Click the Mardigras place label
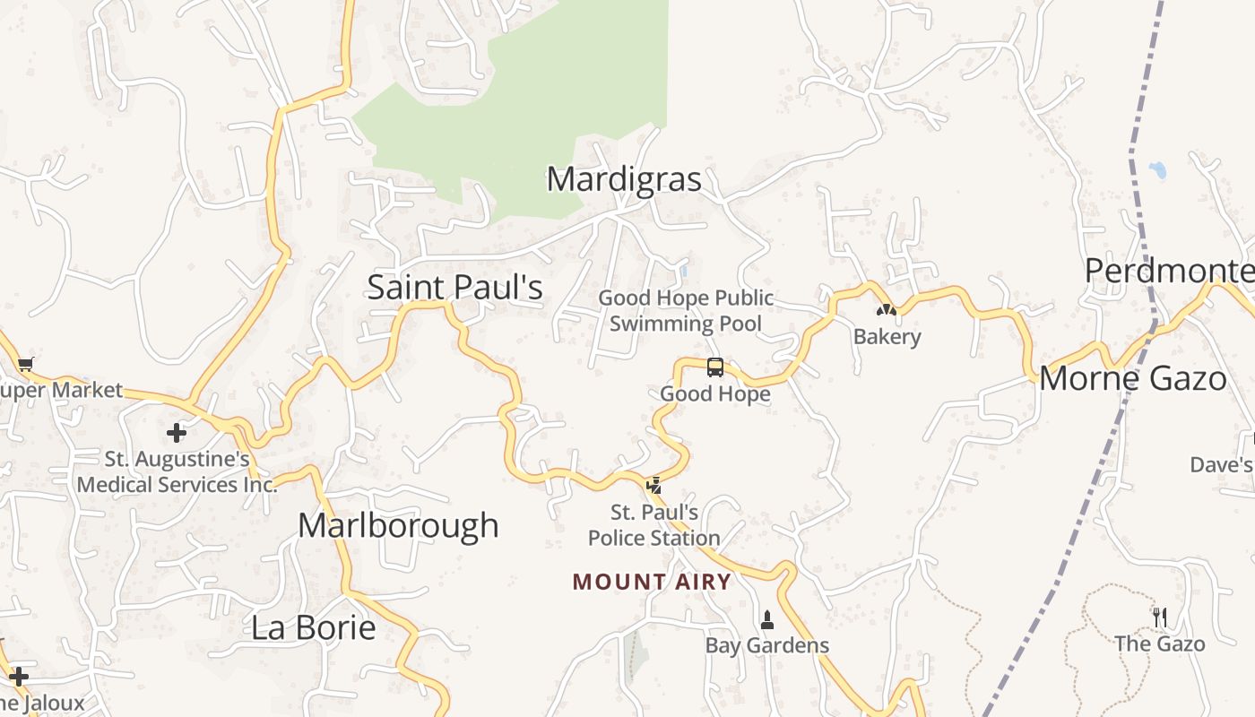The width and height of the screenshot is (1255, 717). (x=624, y=179)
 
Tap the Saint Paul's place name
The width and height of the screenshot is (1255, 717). (x=455, y=288)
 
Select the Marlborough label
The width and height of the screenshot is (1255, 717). (x=398, y=525)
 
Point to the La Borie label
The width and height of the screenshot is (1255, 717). (x=313, y=627)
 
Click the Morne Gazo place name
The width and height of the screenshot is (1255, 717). (x=1132, y=379)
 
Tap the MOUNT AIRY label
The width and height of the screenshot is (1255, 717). (x=652, y=582)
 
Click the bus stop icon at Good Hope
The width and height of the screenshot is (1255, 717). (x=715, y=367)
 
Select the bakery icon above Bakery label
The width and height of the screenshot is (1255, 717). (x=886, y=310)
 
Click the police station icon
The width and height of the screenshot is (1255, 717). (x=654, y=486)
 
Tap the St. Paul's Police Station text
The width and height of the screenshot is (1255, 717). (x=653, y=525)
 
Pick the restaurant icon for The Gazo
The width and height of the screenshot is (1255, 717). (x=1159, y=617)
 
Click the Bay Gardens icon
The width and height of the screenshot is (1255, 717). (x=766, y=619)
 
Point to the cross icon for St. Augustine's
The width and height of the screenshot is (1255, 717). (x=177, y=433)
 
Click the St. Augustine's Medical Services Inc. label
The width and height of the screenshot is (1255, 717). (x=177, y=472)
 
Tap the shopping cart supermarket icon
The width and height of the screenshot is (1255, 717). (x=25, y=364)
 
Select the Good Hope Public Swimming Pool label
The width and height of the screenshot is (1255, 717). (x=686, y=311)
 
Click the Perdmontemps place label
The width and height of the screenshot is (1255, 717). (x=1169, y=270)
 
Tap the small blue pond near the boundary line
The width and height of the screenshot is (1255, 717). (x=1157, y=169)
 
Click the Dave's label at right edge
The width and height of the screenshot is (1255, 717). (x=1221, y=464)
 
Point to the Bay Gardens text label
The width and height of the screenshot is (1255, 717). (x=766, y=645)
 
